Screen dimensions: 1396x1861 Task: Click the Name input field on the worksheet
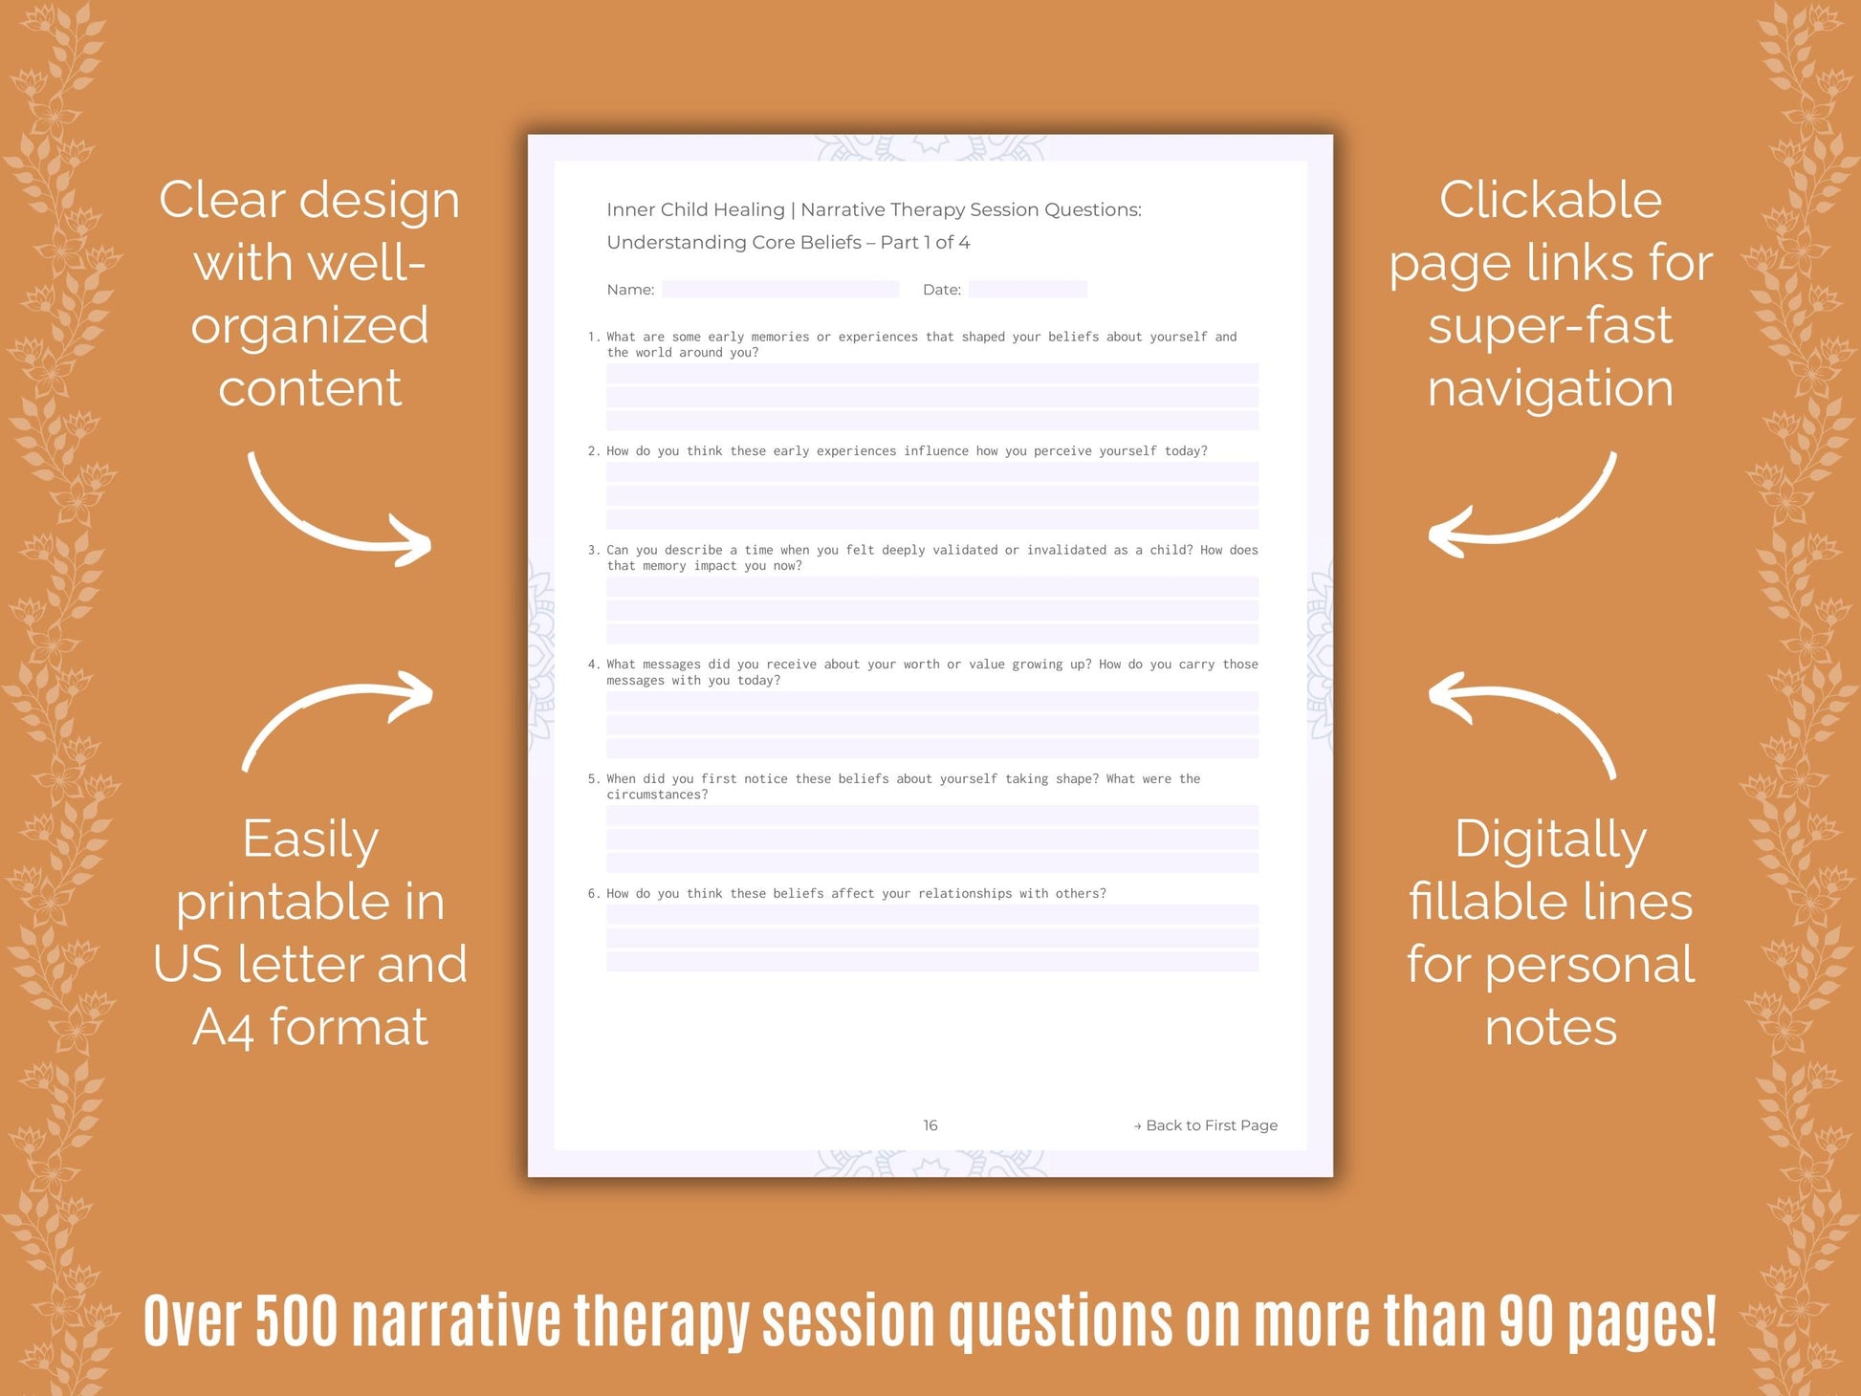point(780,289)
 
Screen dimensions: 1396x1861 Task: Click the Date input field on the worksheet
point(1027,289)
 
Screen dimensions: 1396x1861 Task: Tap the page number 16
point(930,1125)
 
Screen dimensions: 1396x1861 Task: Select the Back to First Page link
point(1206,1125)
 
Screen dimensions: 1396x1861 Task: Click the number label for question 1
point(593,337)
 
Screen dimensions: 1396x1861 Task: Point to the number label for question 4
point(593,665)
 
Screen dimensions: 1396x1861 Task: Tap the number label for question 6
point(593,894)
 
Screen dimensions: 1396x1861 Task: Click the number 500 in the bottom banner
point(296,1321)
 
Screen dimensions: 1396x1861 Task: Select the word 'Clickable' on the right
point(1550,201)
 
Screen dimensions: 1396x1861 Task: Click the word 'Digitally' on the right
point(1550,840)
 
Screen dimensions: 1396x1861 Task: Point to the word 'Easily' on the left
point(310,840)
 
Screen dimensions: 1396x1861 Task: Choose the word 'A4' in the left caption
point(223,1028)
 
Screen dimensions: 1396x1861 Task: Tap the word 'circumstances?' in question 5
point(657,796)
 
